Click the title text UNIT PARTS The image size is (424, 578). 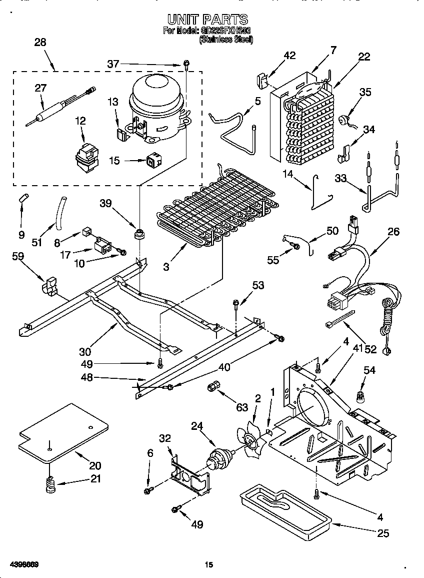pyautogui.click(x=207, y=20)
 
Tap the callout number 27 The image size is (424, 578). pyautogui.click(x=40, y=88)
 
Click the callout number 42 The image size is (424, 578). pyautogui.click(x=275, y=56)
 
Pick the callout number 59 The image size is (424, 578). pyautogui.click(x=18, y=257)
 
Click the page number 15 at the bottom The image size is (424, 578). pyautogui.click(x=209, y=565)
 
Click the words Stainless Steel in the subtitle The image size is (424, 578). pyautogui.click(x=226, y=40)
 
